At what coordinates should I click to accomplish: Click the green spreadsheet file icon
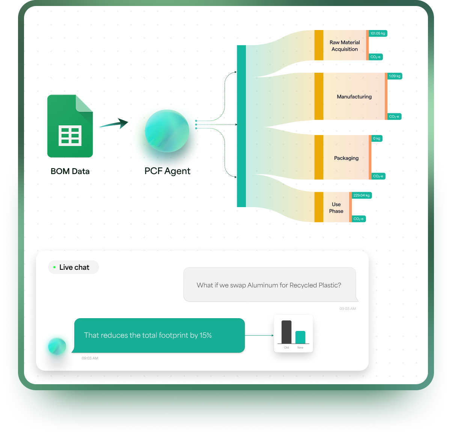[x=70, y=126]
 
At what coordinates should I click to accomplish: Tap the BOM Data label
[x=70, y=171]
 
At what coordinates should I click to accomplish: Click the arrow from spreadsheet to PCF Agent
[x=114, y=123]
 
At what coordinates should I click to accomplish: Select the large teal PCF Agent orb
[x=167, y=131]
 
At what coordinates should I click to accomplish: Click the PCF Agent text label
[x=167, y=171]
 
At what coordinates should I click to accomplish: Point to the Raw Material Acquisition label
[x=345, y=46]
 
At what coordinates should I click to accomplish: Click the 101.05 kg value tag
[x=378, y=33]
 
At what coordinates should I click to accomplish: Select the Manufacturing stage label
[x=354, y=97]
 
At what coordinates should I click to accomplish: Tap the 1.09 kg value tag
[x=395, y=76]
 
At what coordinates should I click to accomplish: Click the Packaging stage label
[x=346, y=158]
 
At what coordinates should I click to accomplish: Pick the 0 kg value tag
[x=377, y=138]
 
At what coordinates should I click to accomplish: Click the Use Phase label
[x=336, y=208]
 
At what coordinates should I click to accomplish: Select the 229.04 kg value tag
[x=362, y=195]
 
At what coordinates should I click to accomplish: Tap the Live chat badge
[x=74, y=267]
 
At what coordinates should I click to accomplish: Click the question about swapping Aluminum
[x=269, y=285]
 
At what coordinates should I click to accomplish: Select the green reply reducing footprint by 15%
[x=159, y=335]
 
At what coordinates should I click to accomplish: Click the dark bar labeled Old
[x=286, y=332]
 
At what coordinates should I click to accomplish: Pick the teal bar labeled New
[x=300, y=337]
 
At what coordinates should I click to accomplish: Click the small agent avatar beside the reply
[x=57, y=346]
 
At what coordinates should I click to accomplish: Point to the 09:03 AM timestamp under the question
[x=348, y=309]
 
